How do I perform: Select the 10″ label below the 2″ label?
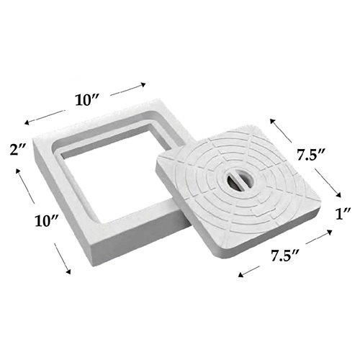click(x=47, y=220)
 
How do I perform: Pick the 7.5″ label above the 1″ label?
click(x=311, y=155)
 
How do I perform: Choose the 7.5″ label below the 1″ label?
click(x=285, y=255)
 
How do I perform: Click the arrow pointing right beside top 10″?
click(x=128, y=89)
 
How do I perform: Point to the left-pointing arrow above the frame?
click(x=45, y=117)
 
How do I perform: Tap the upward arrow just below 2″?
click(x=25, y=186)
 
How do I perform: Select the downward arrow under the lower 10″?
click(x=63, y=258)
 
